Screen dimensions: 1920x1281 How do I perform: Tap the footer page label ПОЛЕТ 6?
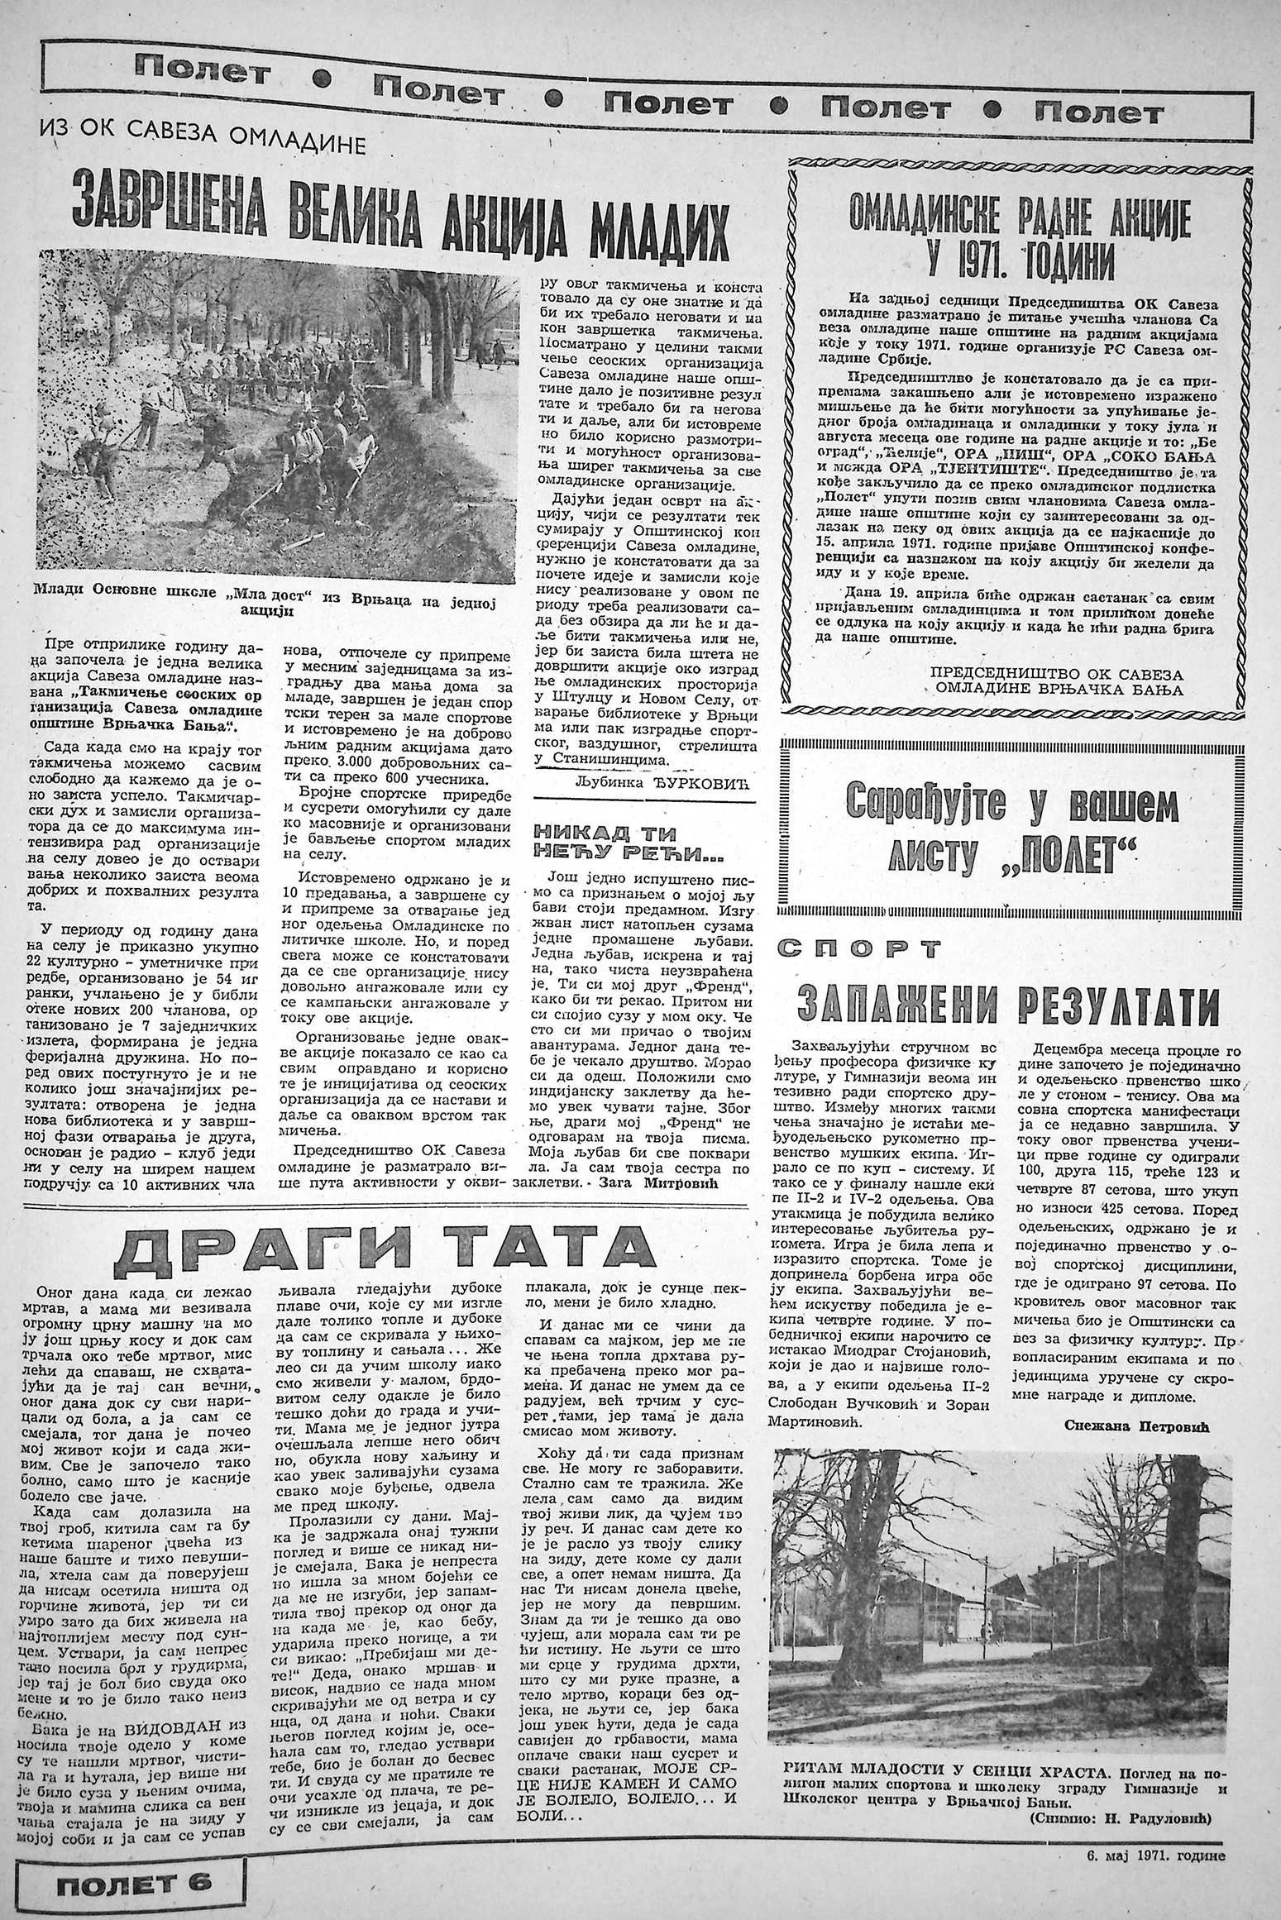point(132,1879)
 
